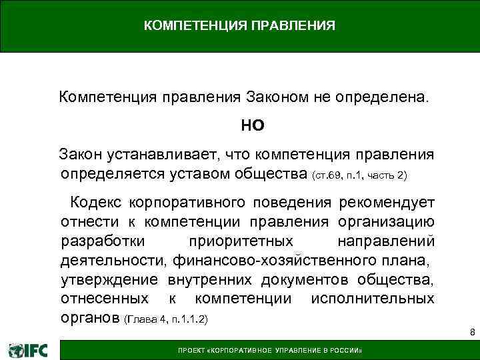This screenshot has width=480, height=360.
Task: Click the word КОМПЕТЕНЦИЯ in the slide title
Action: tap(191, 27)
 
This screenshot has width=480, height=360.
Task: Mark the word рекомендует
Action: tap(387, 202)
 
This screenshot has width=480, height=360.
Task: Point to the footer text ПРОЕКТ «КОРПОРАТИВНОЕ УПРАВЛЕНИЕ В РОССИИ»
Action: tap(269, 351)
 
